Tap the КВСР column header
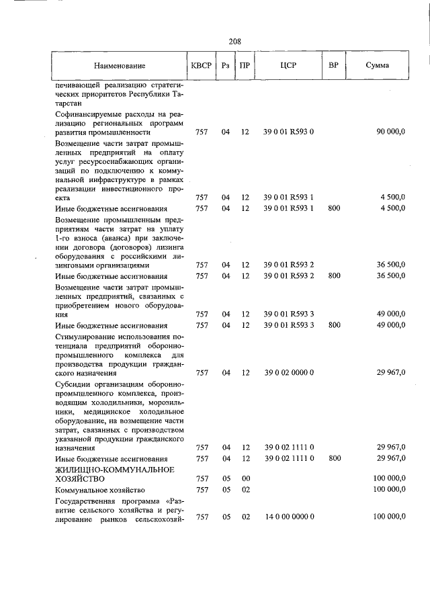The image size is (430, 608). click(x=201, y=66)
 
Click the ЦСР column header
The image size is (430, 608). click(x=288, y=66)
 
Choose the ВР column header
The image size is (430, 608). click(x=333, y=66)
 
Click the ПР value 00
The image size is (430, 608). click(x=245, y=478)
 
